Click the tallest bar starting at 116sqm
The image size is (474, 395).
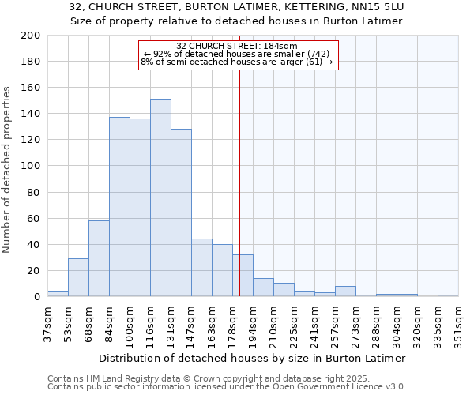click(160, 197)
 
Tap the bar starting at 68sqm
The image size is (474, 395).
click(99, 258)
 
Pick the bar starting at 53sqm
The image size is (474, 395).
click(78, 277)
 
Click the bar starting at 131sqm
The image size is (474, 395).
click(181, 213)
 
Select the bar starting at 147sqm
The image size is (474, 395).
click(201, 268)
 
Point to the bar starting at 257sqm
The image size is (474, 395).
click(345, 292)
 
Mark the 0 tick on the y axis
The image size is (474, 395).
click(36, 297)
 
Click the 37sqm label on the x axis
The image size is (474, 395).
click(47, 324)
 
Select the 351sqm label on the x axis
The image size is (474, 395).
click(458, 324)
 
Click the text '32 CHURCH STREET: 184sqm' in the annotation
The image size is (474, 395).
click(237, 46)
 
